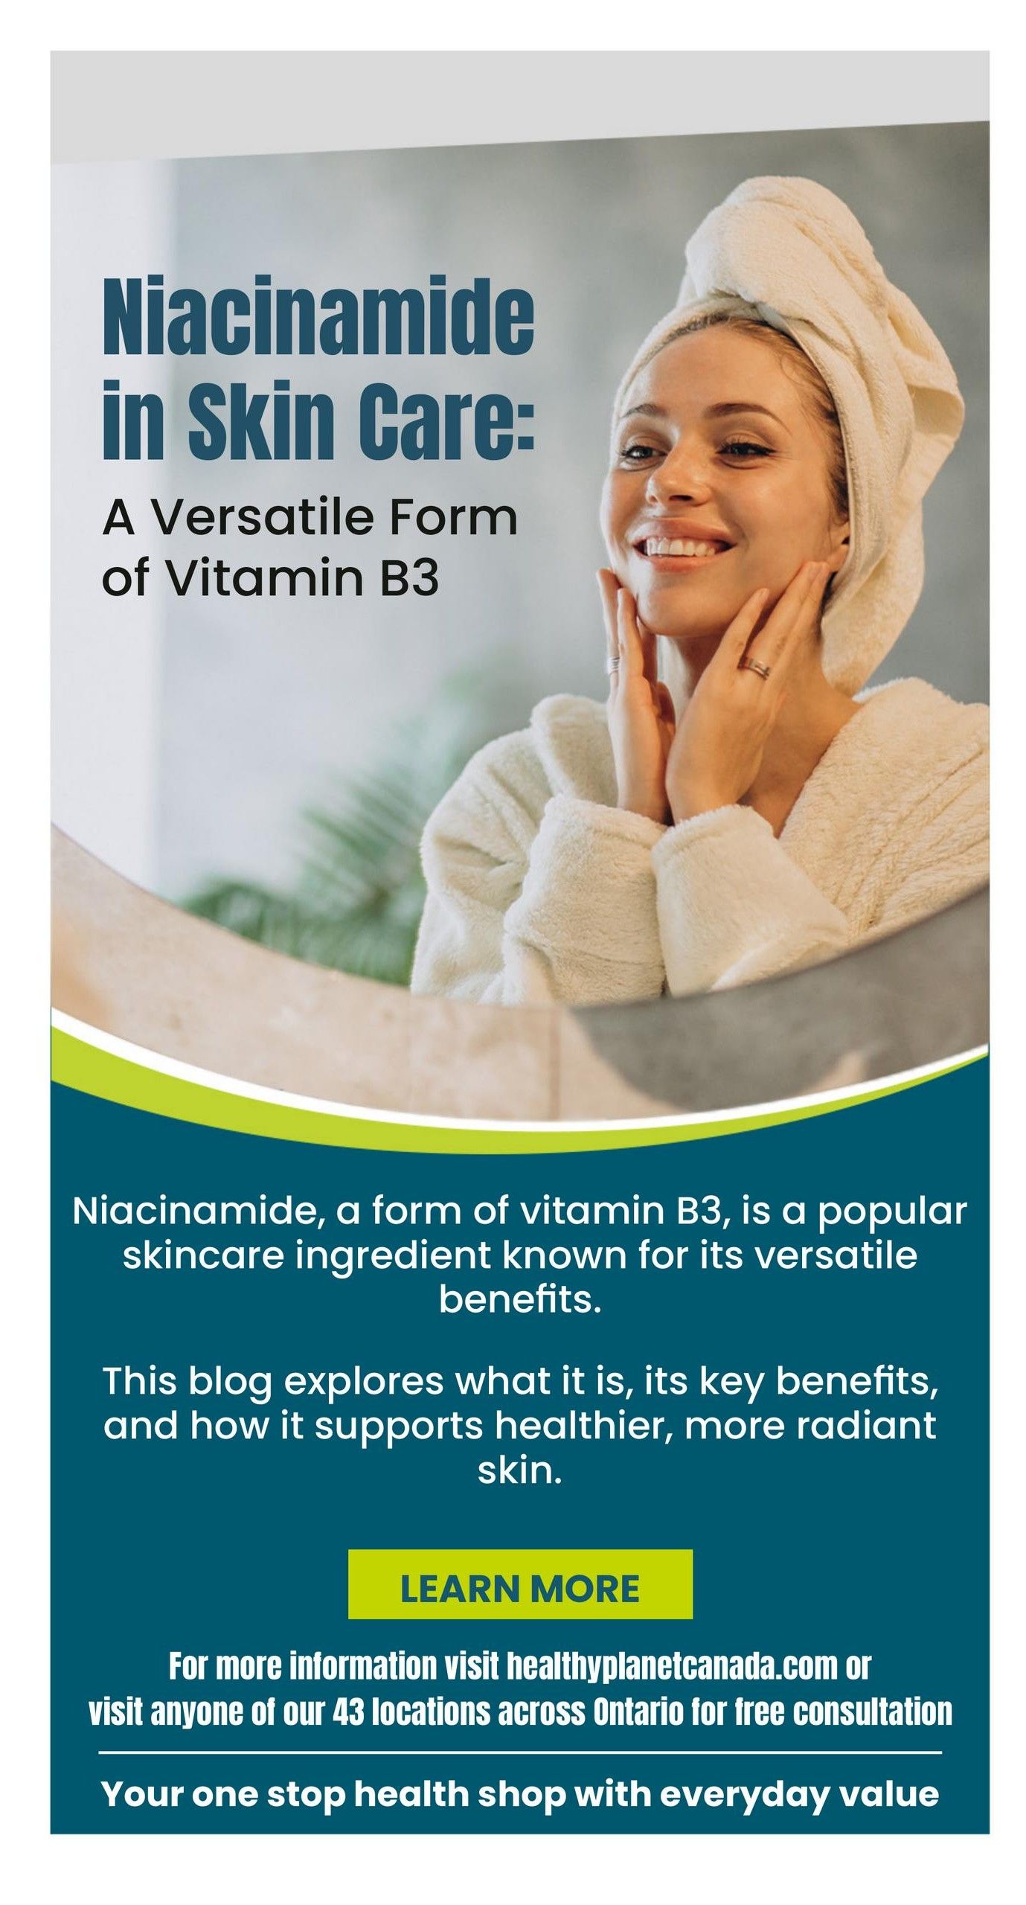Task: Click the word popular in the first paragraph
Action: pos(892,1212)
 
